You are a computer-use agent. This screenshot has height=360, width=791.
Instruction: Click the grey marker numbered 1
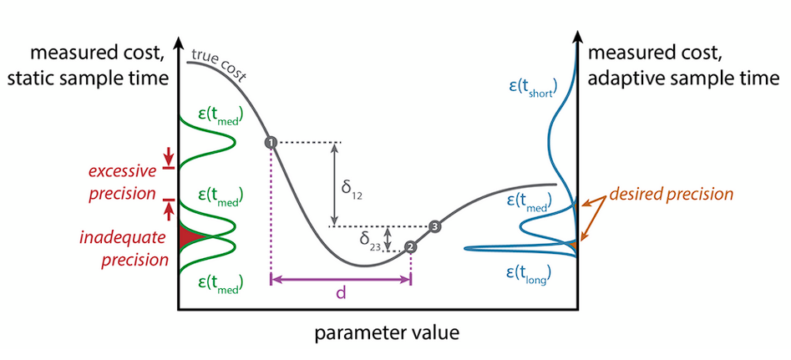point(271,143)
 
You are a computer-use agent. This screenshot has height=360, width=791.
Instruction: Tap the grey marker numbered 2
point(410,246)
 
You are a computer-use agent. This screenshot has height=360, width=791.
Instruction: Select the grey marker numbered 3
point(434,226)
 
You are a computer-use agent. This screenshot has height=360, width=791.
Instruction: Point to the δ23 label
point(371,240)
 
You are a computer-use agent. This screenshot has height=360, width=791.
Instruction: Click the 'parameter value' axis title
point(386,333)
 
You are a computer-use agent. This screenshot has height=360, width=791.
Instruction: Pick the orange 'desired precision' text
point(671,194)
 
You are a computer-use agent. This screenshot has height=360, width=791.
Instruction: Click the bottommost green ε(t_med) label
point(221,282)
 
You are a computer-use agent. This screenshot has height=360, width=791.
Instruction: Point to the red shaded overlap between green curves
point(189,237)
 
